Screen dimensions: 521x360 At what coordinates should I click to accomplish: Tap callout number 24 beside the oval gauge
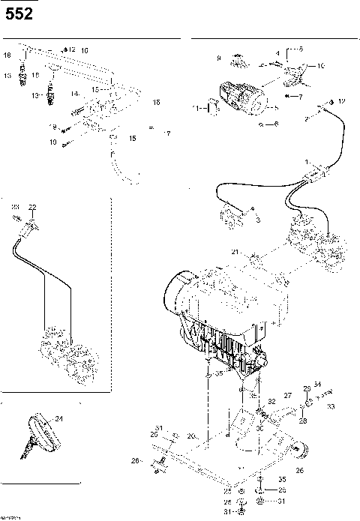point(58,419)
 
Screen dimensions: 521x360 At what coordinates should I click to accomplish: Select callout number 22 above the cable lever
point(32,206)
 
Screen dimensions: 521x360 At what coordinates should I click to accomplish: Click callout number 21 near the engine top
point(235,252)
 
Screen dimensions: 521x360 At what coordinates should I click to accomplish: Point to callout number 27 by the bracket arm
point(286,394)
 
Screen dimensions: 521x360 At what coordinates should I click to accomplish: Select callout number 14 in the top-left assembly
point(75,94)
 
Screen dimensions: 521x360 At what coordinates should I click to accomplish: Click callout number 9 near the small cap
point(218,58)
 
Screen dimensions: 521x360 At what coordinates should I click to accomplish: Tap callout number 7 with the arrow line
point(299,97)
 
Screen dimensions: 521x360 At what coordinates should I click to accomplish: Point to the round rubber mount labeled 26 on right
point(301,451)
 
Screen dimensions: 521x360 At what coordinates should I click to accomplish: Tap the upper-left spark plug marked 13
point(28,75)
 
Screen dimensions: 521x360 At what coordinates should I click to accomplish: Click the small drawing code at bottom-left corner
point(11,517)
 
